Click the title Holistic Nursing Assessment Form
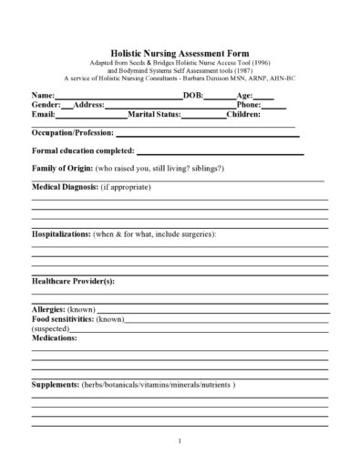click(x=180, y=55)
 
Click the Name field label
click(x=44, y=95)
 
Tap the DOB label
click(x=192, y=95)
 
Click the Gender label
click(x=46, y=105)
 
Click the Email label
click(x=43, y=115)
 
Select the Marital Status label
click(x=155, y=115)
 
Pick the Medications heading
click(x=55, y=337)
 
